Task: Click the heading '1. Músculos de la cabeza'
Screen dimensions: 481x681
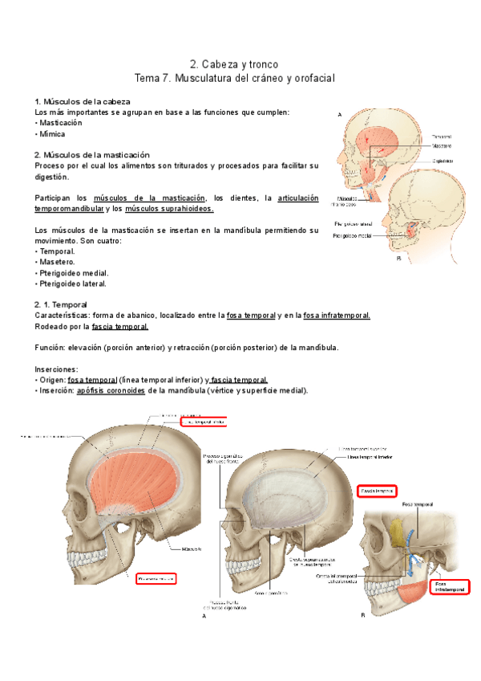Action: click(83, 102)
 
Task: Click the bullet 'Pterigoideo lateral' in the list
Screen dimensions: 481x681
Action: click(74, 283)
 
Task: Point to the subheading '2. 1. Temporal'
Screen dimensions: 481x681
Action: click(61, 305)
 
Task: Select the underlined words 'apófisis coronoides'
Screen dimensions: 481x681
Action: click(111, 390)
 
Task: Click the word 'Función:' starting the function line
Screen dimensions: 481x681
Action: click(53, 348)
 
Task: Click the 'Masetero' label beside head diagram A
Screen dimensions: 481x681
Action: click(442, 147)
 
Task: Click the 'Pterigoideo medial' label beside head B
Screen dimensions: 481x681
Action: click(353, 236)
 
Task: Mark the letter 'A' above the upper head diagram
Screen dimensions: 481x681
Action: click(340, 116)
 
